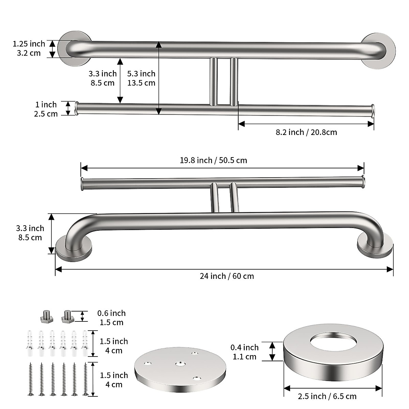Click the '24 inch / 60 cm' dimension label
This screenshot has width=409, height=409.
227,276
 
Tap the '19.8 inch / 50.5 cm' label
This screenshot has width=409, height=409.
213,160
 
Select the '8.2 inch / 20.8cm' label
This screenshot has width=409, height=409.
306,132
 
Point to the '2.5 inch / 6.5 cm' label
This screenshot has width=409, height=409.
327,396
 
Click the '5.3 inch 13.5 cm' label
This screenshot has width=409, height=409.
141,78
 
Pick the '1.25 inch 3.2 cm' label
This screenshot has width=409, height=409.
29,48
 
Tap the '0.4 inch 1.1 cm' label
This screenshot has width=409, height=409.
244,352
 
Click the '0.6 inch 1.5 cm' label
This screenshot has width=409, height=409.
111,318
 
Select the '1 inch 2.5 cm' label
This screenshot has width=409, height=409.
46,109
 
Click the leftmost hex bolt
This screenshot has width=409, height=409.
46,316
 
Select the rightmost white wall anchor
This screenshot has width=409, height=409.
85,344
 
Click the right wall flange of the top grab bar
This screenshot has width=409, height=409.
379,51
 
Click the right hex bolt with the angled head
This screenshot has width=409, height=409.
67,316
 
